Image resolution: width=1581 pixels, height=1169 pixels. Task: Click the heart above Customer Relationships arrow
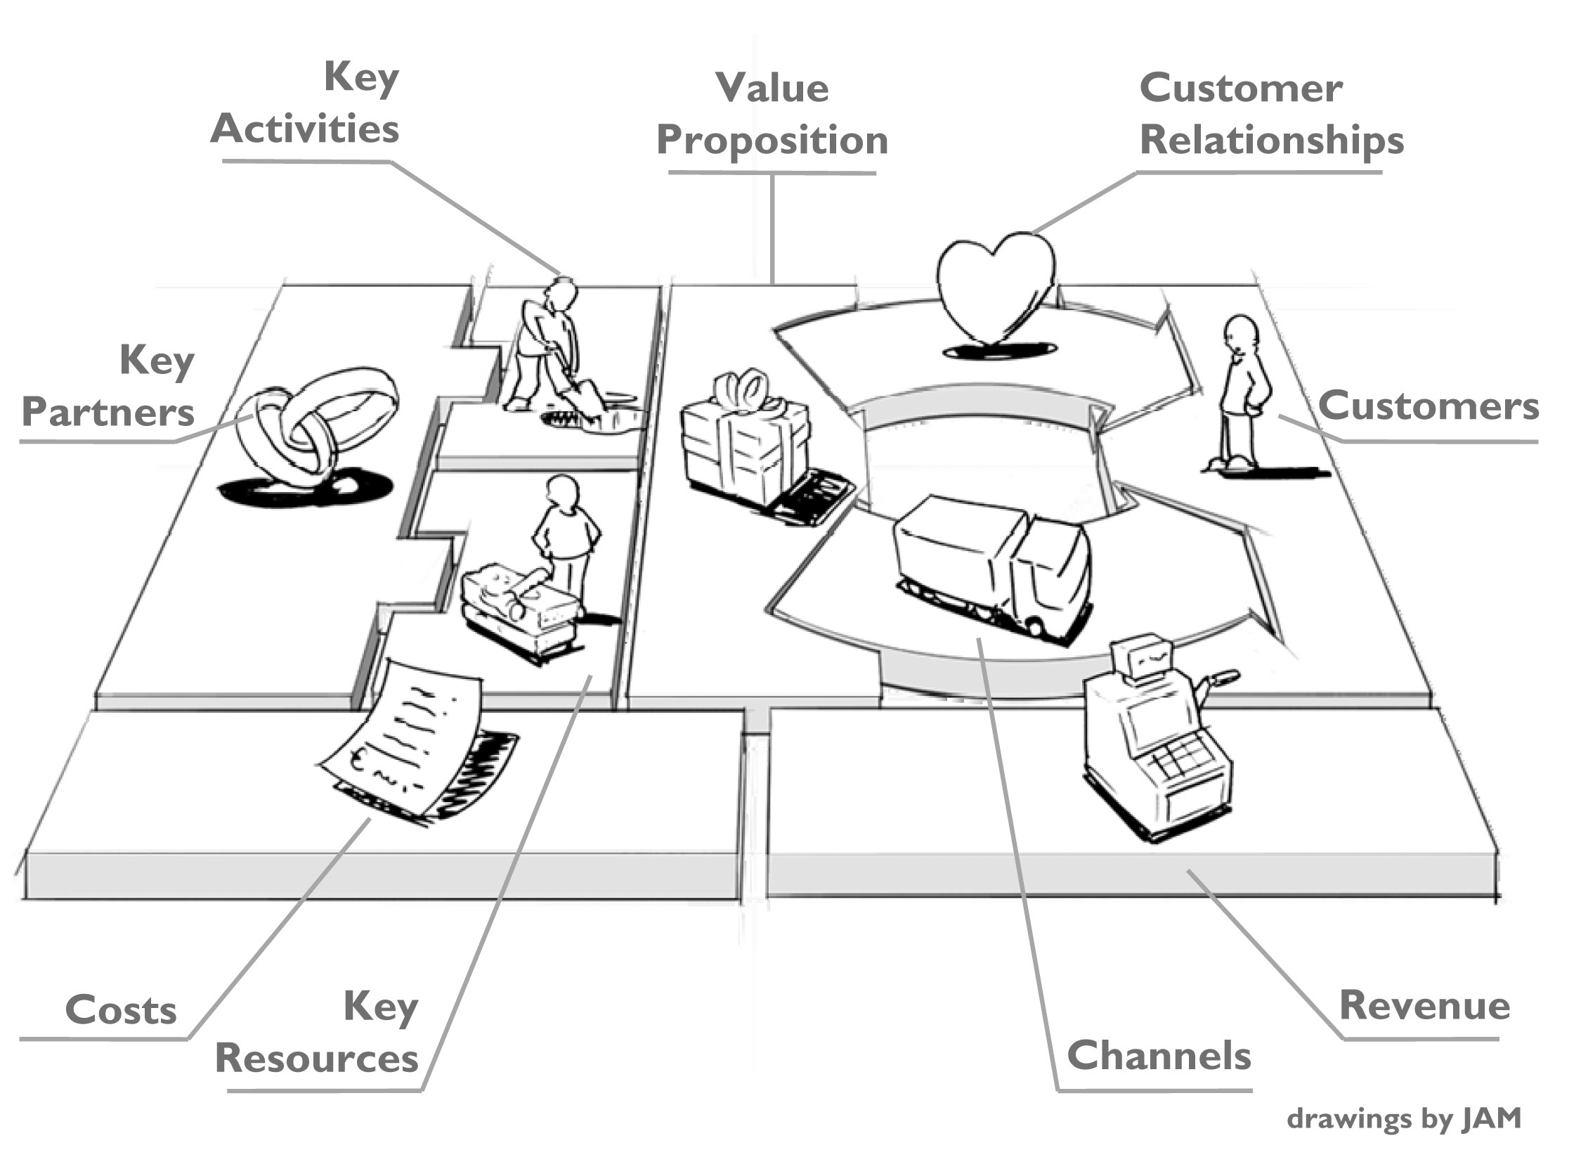pos(996,287)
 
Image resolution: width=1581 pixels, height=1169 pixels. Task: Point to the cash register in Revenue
pos(1157,739)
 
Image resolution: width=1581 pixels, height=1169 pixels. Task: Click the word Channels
pos(1159,1056)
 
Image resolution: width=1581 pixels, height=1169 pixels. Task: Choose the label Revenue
pos(1425,1005)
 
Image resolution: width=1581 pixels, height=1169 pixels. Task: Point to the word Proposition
pos(772,139)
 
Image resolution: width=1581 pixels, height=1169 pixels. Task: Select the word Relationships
pos(1271,139)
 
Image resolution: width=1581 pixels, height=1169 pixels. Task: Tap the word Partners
pos(108,412)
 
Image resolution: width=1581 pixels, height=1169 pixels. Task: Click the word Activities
pos(305,129)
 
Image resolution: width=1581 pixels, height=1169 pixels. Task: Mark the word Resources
pos(316,1059)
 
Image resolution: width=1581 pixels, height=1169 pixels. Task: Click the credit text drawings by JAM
pos(1403,1119)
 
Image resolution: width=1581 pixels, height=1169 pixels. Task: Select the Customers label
pos(1429,406)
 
